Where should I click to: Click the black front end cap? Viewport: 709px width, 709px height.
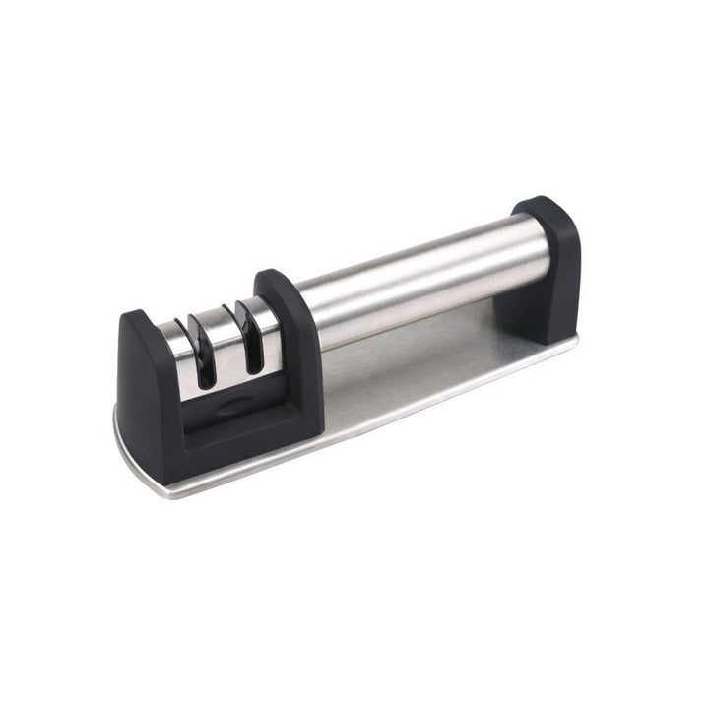click(x=148, y=384)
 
